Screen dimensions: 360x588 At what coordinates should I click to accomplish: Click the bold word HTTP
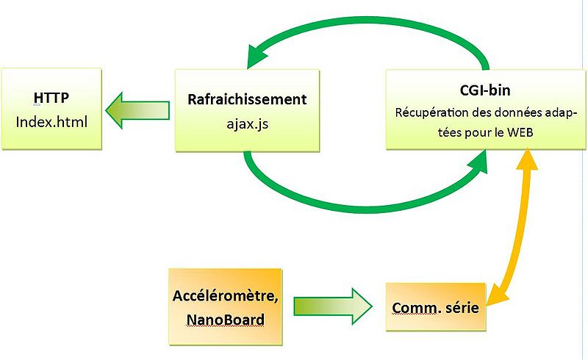[x=52, y=98]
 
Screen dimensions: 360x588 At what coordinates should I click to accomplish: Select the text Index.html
[x=51, y=120]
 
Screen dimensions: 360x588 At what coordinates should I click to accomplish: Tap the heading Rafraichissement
[x=247, y=98]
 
